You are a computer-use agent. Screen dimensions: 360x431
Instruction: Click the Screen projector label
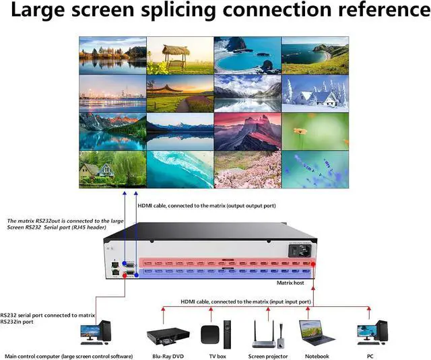[x=268, y=355]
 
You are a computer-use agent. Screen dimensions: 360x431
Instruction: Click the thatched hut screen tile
[x=180, y=55]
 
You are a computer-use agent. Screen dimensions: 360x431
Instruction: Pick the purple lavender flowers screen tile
[x=315, y=169]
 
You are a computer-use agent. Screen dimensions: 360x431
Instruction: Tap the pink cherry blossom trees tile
[x=247, y=169]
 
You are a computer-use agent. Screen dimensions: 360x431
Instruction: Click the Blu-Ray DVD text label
[x=164, y=355]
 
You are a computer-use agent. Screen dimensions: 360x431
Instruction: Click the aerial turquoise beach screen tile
[x=180, y=169]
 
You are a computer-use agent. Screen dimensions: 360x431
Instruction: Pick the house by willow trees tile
[x=112, y=169]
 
